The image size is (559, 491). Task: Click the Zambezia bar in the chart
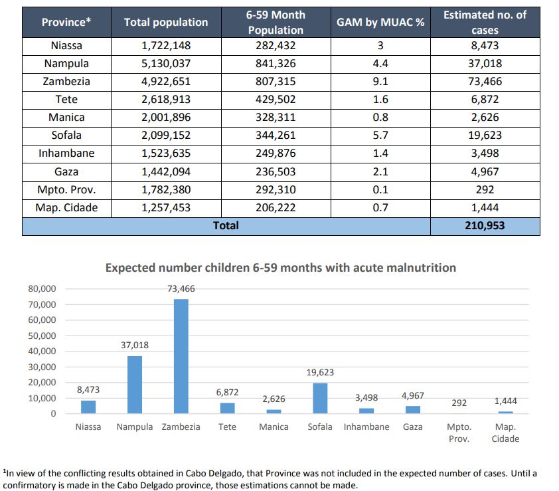click(181, 356)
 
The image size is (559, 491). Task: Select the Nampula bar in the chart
click(135, 385)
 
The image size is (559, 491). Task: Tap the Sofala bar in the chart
click(320, 398)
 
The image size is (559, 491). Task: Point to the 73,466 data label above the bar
click(181, 288)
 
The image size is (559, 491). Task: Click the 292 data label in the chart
click(459, 403)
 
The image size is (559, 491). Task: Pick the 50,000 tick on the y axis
click(42, 336)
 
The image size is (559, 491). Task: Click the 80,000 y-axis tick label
click(42, 288)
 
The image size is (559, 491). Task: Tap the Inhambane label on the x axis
click(366, 427)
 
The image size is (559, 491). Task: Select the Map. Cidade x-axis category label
click(505, 433)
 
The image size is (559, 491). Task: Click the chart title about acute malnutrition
click(281, 268)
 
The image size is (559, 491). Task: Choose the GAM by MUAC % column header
click(380, 22)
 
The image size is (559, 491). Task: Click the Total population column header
click(166, 22)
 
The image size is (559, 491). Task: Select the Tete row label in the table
click(66, 99)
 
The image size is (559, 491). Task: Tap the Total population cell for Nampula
click(166, 64)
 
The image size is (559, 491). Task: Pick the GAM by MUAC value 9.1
click(380, 81)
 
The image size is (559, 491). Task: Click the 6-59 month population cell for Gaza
click(276, 171)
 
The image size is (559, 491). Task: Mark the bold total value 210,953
click(485, 225)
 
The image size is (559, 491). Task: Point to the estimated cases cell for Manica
click(485, 117)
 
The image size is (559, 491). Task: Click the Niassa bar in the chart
click(88, 407)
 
